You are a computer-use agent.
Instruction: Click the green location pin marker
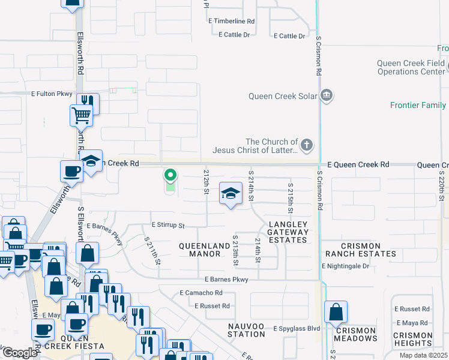170,176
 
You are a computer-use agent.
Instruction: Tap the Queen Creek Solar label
282,95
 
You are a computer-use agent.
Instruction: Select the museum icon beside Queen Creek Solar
327,95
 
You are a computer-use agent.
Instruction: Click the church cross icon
307,145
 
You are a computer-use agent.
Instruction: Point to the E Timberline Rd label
232,21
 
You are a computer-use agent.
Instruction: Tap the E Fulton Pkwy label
52,94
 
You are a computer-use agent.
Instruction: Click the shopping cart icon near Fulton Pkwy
80,115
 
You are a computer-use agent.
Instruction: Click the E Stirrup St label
167,226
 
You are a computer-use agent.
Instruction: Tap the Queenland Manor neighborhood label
205,250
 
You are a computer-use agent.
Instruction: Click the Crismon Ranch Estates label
360,250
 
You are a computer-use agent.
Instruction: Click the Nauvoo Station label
246,329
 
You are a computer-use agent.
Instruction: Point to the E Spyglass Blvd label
297,329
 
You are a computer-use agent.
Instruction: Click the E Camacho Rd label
201,293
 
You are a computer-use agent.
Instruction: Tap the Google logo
20,353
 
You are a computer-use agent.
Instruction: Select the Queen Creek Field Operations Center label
411,67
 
